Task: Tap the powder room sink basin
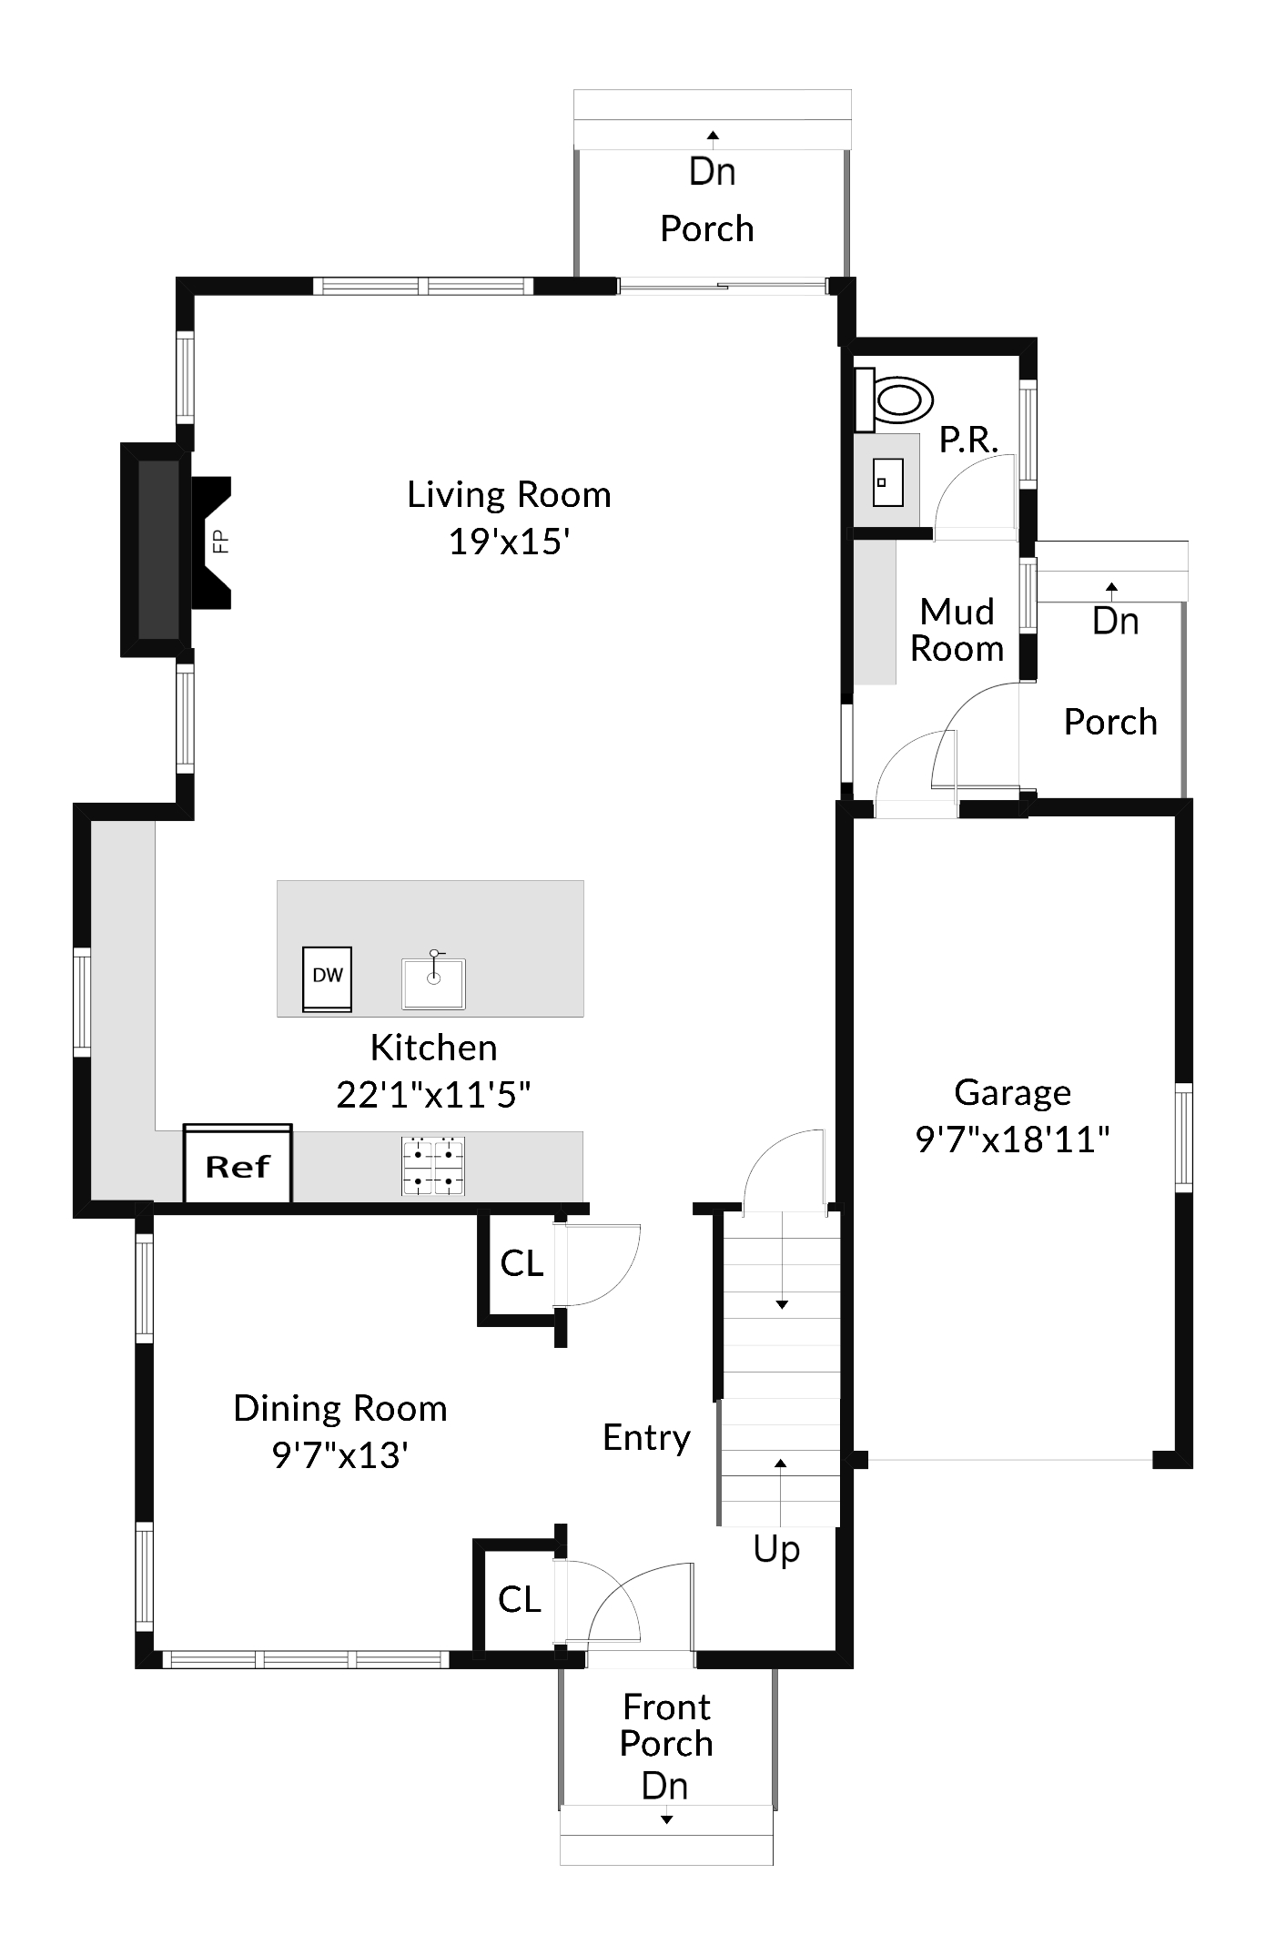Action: coord(887,482)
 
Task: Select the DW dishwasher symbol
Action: coord(327,978)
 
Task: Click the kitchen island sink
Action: coord(433,982)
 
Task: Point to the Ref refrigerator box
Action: coord(238,1166)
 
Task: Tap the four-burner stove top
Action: coord(433,1165)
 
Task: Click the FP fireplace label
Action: coord(219,542)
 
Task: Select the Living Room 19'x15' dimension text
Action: coord(509,542)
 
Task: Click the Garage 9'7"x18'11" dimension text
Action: coord(1012,1140)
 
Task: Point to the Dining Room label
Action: coord(340,1408)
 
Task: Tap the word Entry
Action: coord(646,1437)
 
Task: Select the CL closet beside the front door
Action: coord(520,1598)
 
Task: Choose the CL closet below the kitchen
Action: coord(522,1262)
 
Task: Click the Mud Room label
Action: coord(957,630)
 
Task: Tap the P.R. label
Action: coord(968,440)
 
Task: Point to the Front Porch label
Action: coord(666,1725)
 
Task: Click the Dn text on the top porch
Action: coord(712,171)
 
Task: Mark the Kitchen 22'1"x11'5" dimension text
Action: coord(433,1095)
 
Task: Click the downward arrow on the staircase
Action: coord(781,1303)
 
